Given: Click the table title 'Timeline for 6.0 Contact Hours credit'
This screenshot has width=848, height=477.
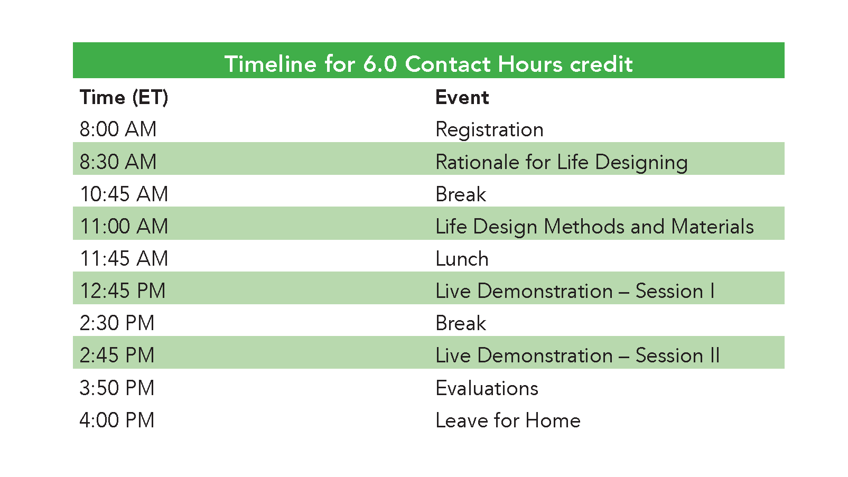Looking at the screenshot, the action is pos(428,63).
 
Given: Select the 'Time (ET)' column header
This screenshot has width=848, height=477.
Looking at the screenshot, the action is pos(124,97).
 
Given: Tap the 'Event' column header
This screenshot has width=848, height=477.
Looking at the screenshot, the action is pos(462,97).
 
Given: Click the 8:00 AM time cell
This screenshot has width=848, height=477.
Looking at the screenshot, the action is pos(118,129).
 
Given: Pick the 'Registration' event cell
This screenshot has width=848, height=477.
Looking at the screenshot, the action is pos(489,130).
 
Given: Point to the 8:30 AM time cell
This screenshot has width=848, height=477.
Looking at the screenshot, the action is pos(118,162).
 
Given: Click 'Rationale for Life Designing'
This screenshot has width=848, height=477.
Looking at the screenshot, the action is pos(562,162).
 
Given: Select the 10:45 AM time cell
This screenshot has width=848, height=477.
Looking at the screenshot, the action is pos(124,194).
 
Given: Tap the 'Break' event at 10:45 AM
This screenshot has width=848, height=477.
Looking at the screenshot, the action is pos(461,194).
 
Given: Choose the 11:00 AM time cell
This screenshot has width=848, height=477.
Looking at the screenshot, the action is pos(124,226).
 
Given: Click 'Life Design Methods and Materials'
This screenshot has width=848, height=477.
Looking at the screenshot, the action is pos(595,227).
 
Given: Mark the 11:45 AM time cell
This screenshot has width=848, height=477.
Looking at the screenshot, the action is pos(124,258).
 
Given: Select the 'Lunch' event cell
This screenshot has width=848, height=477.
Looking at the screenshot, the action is pos(462,259).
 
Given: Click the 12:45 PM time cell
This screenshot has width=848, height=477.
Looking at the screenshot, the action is pos(123,291).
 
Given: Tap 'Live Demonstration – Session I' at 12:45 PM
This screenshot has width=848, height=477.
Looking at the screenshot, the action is pos(575,291).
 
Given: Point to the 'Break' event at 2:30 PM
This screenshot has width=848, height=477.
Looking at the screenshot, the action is pos(461,323).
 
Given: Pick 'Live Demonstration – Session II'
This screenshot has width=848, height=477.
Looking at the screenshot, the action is pos(577,356).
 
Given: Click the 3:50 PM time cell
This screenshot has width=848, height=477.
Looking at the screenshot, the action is pos(117,388).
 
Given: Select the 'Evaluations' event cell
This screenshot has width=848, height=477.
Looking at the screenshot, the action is pos(487,388).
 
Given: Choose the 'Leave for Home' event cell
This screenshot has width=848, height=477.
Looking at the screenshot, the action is pos(508,420).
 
